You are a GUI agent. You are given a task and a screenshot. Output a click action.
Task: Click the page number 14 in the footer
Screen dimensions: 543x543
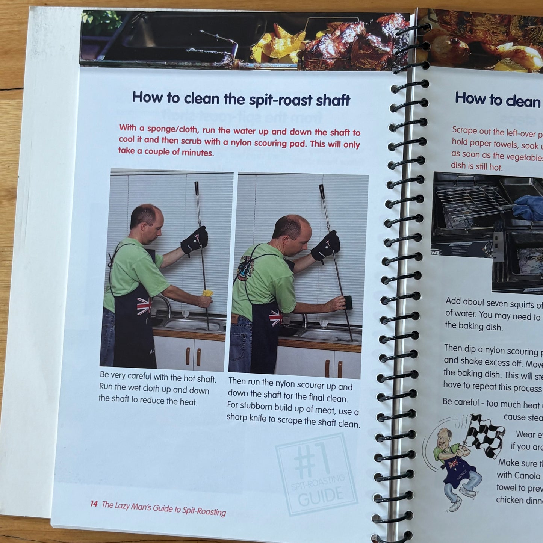(x=94, y=504)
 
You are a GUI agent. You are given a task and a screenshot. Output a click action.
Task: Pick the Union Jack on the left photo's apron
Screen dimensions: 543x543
(x=144, y=306)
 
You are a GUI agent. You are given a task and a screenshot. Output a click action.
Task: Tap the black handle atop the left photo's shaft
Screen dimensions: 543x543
(x=196, y=188)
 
